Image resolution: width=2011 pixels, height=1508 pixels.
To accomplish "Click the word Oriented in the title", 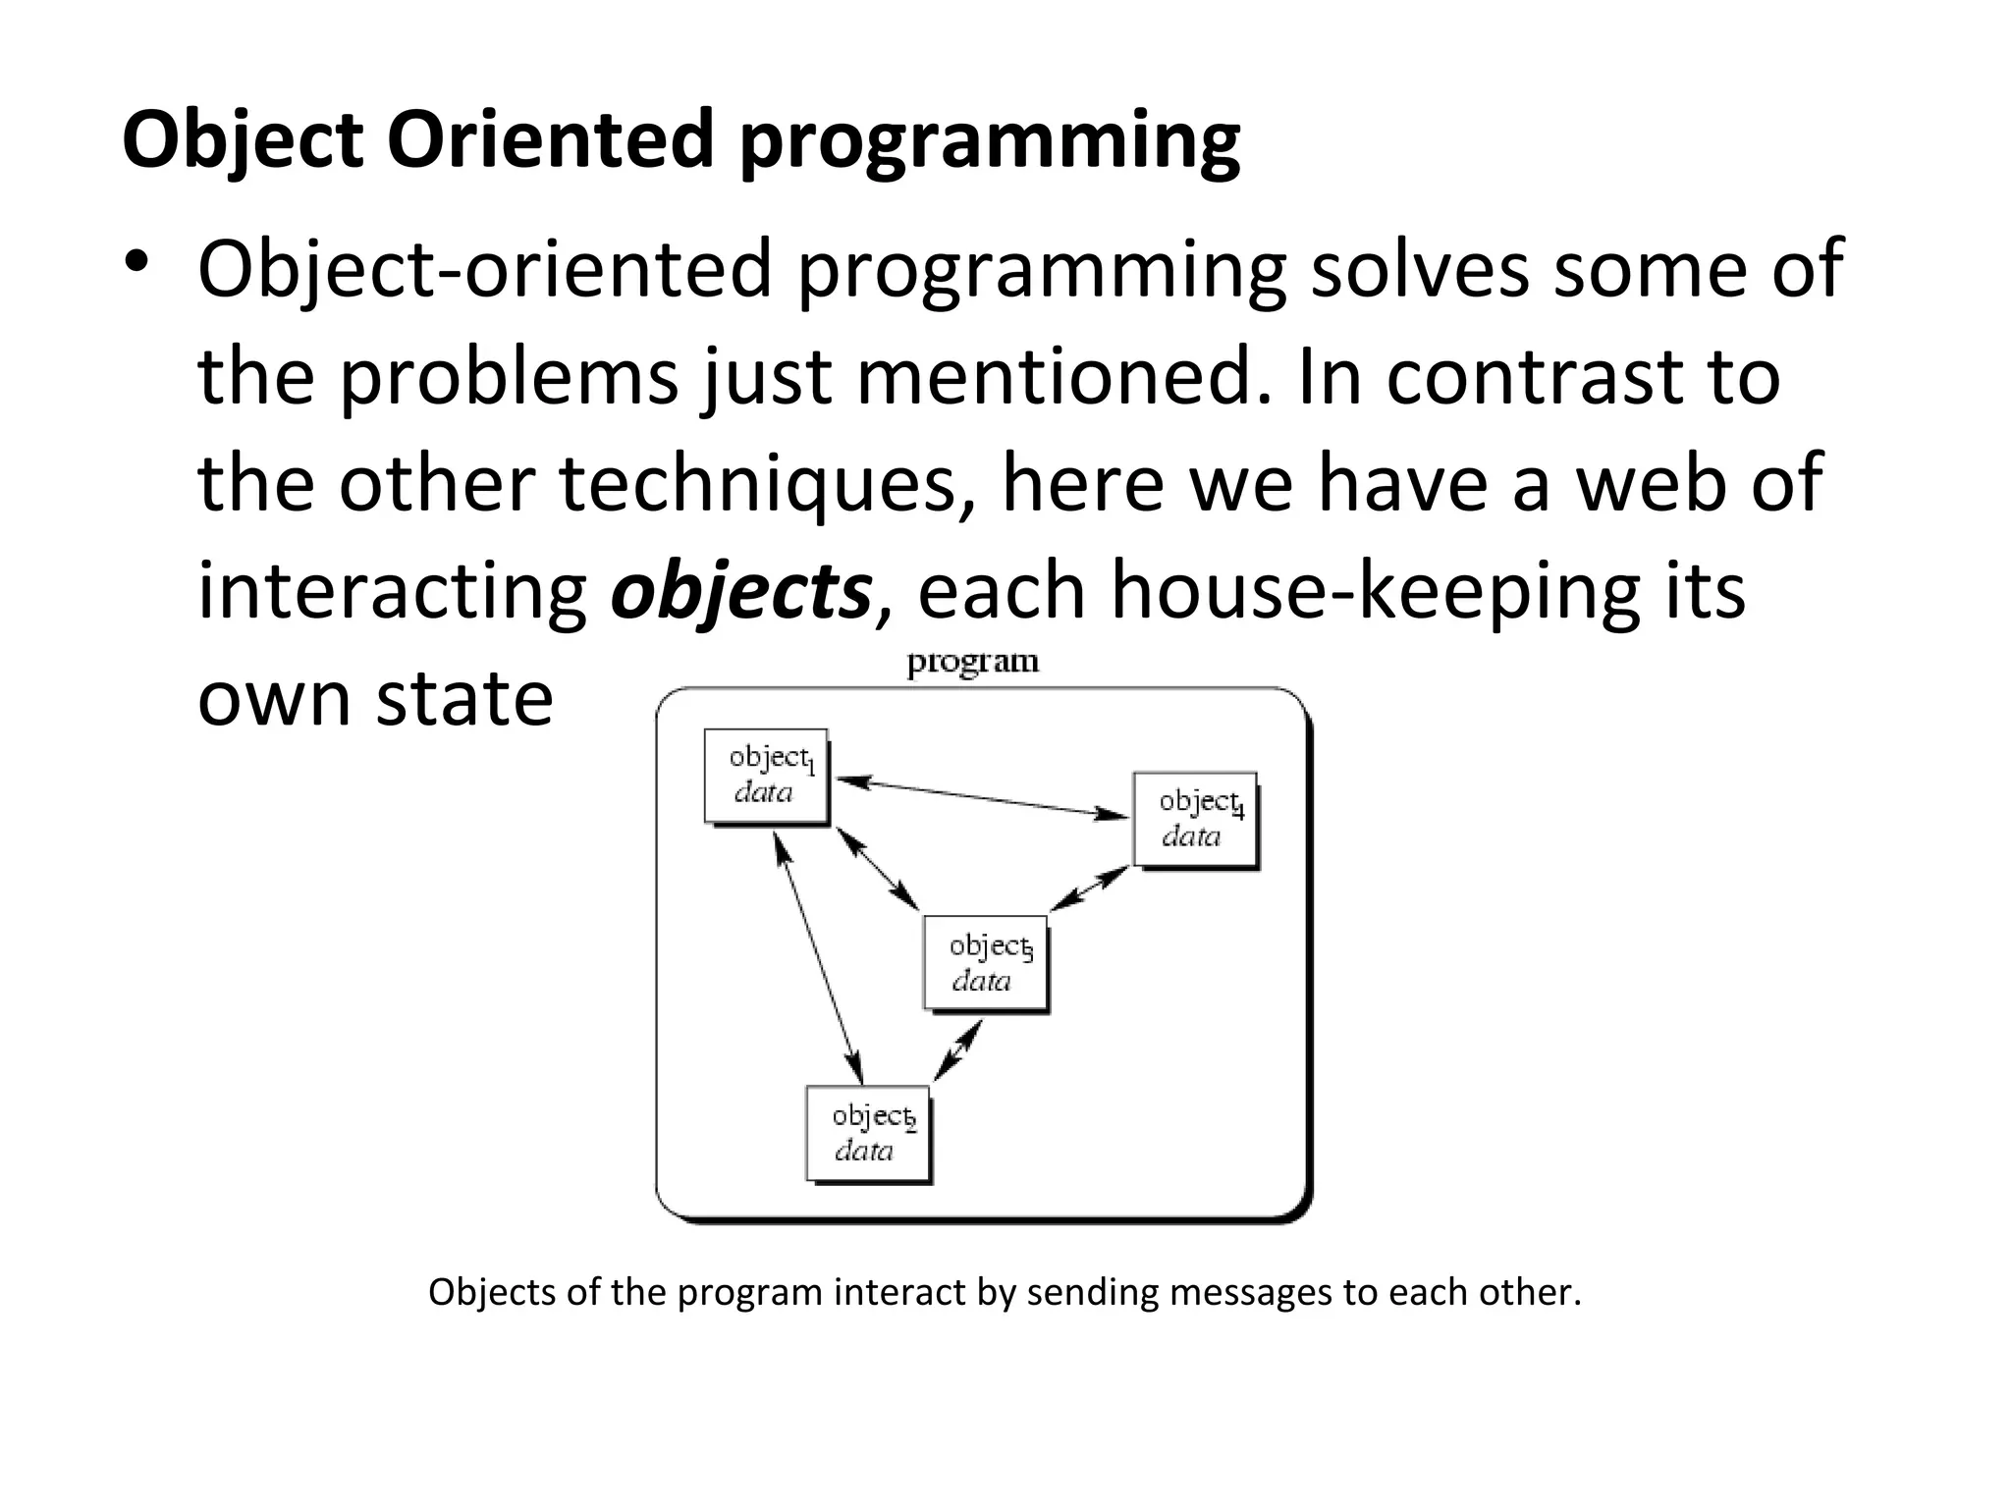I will click(x=550, y=140).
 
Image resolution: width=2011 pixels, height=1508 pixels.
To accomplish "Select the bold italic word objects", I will click(x=741, y=591).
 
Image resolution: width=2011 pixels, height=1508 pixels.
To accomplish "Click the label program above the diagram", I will click(x=972, y=662).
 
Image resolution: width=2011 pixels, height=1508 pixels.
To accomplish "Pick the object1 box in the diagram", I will click(x=767, y=776).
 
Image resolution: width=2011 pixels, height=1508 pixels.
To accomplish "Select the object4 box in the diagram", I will click(x=1195, y=819).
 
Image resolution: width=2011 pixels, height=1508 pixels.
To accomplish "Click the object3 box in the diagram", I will click(x=985, y=962).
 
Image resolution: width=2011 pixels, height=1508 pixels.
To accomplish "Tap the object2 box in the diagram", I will click(x=868, y=1133).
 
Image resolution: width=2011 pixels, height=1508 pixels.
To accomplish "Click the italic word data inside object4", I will click(x=1191, y=836).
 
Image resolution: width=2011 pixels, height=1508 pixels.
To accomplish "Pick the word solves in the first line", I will click(x=1419, y=268).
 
